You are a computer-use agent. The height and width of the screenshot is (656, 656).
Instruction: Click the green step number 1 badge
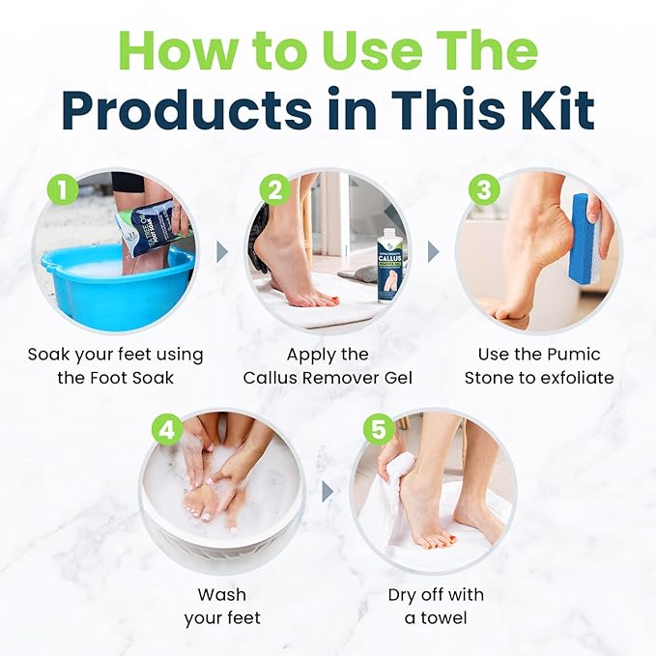[x=63, y=190]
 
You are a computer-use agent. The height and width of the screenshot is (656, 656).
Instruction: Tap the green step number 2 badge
[x=275, y=190]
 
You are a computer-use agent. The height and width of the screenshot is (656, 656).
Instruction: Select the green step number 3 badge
[x=486, y=190]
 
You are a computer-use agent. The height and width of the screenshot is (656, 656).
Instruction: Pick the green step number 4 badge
[x=168, y=430]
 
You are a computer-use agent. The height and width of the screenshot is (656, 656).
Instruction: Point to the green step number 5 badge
[x=379, y=430]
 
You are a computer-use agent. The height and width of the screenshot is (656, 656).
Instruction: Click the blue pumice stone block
[x=585, y=239]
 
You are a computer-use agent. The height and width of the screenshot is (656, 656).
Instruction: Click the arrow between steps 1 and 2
[x=222, y=251]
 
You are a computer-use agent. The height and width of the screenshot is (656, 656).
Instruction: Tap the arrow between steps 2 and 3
[x=434, y=251]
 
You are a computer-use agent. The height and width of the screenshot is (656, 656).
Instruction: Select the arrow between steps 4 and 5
[x=328, y=491]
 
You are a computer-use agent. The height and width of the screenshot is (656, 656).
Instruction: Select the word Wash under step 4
[x=222, y=593]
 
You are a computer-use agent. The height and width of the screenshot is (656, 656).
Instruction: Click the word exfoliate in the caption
[x=570, y=378]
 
